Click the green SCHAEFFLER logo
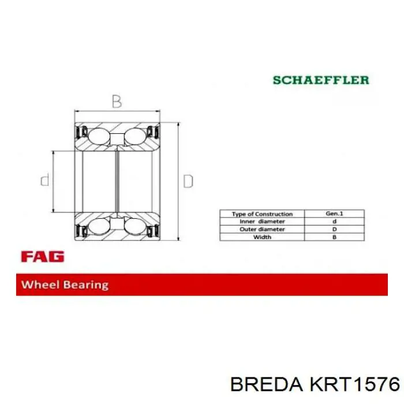click(321, 80)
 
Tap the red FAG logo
click(42, 256)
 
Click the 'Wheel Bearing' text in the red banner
click(65, 285)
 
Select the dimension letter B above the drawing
click(117, 102)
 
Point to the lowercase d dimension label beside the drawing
click(45, 181)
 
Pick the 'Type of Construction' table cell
click(262, 214)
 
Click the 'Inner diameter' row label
click(262, 222)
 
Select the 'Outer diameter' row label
click(262, 229)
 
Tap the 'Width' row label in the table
click(262, 237)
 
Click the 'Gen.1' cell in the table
click(335, 214)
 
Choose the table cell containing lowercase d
click(335, 222)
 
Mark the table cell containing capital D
click(335, 229)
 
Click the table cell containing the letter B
click(335, 237)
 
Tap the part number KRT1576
click(354, 384)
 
